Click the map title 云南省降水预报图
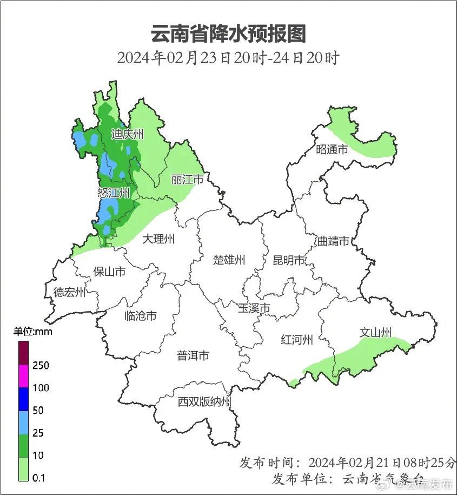coord(228,34)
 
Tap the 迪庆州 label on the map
coord(128,134)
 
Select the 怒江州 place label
coord(114,193)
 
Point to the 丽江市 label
coord(187,179)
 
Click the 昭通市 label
coord(332,149)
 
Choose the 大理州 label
coord(158,239)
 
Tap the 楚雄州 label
coord(229,260)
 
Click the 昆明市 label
coord(289,260)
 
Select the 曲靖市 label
coord(333,241)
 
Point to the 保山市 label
coord(109,271)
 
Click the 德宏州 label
coord(69,292)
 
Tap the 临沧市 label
coord(140,315)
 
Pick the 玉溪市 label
coord(254,308)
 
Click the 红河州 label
coord(297,340)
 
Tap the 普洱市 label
coord(193,355)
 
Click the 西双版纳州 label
coord(204,401)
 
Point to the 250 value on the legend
coord(41,365)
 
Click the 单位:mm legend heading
coord(33,331)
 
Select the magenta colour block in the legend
coord(23,376)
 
